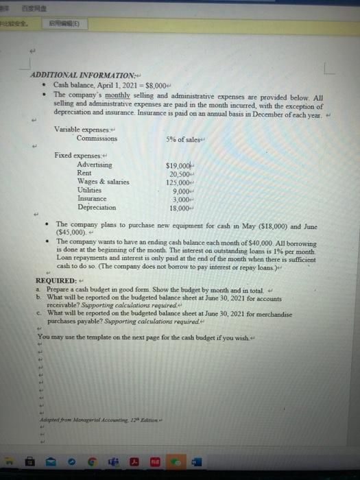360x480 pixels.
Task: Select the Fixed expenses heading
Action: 77,157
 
